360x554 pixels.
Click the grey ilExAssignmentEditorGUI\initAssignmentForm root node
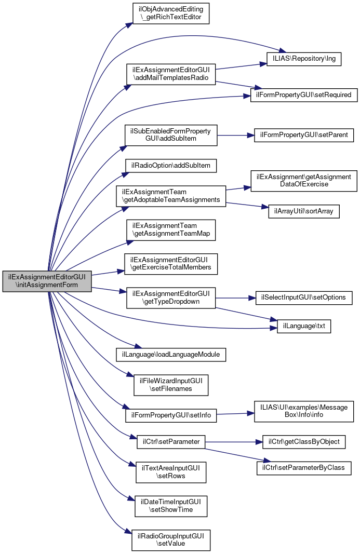click(47, 281)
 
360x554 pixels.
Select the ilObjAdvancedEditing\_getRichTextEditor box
click(170, 13)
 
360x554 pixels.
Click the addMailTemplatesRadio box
click(171, 73)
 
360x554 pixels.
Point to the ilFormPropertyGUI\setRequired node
click(304, 95)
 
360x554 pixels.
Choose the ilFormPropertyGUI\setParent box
click(304, 136)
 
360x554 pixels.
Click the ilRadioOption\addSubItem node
click(170, 166)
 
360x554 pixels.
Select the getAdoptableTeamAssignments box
click(170, 196)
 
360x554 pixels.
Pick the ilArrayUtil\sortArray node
click(304, 211)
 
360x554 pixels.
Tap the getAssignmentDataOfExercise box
click(304, 181)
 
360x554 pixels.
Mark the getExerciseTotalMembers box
click(170, 264)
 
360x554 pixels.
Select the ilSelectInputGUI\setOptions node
click(304, 298)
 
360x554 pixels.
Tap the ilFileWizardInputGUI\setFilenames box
click(171, 384)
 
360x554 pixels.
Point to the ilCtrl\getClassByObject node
click(304, 442)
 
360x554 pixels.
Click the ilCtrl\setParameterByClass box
click(304, 467)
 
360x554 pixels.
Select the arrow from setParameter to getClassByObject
click(234, 442)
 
